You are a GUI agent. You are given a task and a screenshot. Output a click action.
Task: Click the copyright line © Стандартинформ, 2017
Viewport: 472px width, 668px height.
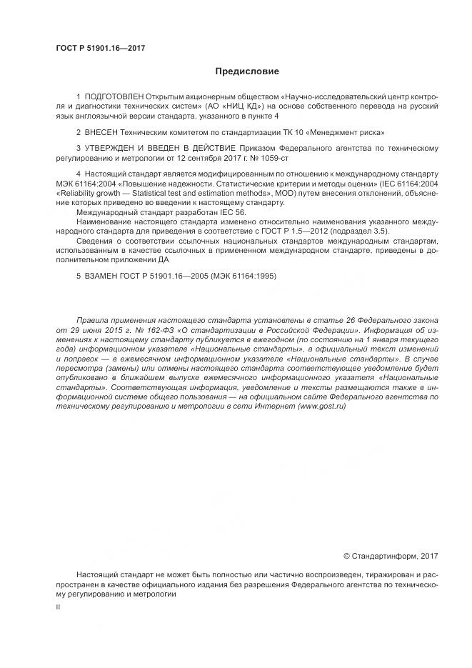[x=391, y=555]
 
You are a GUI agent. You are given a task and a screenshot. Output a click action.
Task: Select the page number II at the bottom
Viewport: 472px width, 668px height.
[x=58, y=607]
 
